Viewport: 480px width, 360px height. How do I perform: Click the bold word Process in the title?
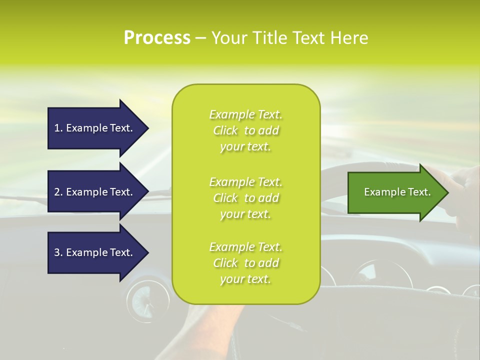point(157,38)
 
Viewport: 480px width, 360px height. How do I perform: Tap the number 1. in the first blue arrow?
point(58,128)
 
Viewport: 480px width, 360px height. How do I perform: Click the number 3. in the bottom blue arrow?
point(58,252)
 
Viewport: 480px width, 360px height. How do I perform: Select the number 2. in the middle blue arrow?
point(58,192)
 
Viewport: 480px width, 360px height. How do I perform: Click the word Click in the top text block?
point(225,131)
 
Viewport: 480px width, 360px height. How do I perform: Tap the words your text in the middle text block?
point(245,214)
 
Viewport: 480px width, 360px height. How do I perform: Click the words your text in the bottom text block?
point(245,279)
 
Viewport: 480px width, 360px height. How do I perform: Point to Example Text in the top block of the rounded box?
point(245,115)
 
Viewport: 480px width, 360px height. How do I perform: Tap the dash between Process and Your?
point(200,38)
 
